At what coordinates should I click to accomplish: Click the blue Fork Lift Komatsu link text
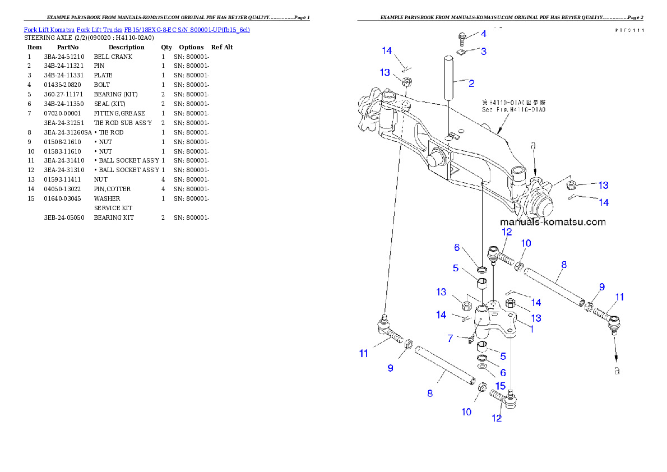click(x=136, y=29)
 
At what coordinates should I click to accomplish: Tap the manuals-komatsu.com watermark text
click(x=553, y=221)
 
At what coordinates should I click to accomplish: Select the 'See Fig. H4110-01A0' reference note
click(x=513, y=110)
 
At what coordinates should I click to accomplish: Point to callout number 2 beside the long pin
click(x=471, y=84)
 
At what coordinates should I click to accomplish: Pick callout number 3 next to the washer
click(x=483, y=51)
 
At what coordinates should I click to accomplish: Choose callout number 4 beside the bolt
click(x=484, y=34)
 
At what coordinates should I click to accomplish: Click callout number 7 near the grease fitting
click(x=450, y=339)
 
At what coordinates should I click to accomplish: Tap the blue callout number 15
click(x=500, y=386)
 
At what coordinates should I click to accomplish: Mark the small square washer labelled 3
click(x=461, y=52)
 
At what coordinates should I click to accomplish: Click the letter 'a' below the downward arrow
click(x=617, y=371)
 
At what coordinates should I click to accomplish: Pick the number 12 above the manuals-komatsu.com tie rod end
click(x=506, y=232)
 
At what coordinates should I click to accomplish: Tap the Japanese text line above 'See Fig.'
click(x=513, y=103)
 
